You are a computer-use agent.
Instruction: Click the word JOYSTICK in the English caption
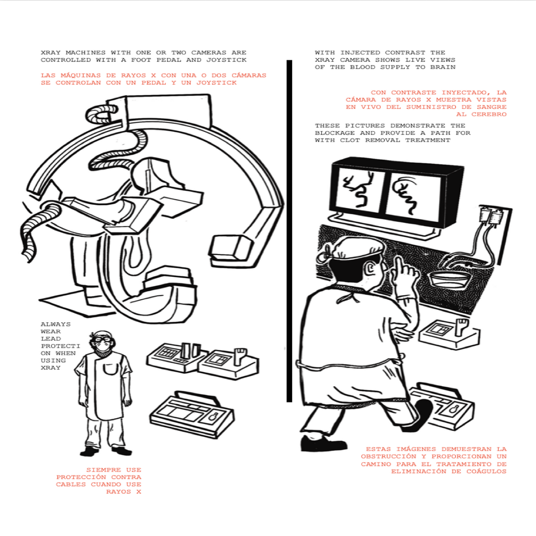(226, 60)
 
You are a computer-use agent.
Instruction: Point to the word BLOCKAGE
(334, 133)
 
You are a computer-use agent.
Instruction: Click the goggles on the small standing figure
(102, 340)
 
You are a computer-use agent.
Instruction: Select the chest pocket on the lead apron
(110, 371)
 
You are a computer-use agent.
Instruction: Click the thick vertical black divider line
(289, 231)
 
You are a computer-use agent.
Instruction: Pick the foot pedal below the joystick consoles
(192, 414)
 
